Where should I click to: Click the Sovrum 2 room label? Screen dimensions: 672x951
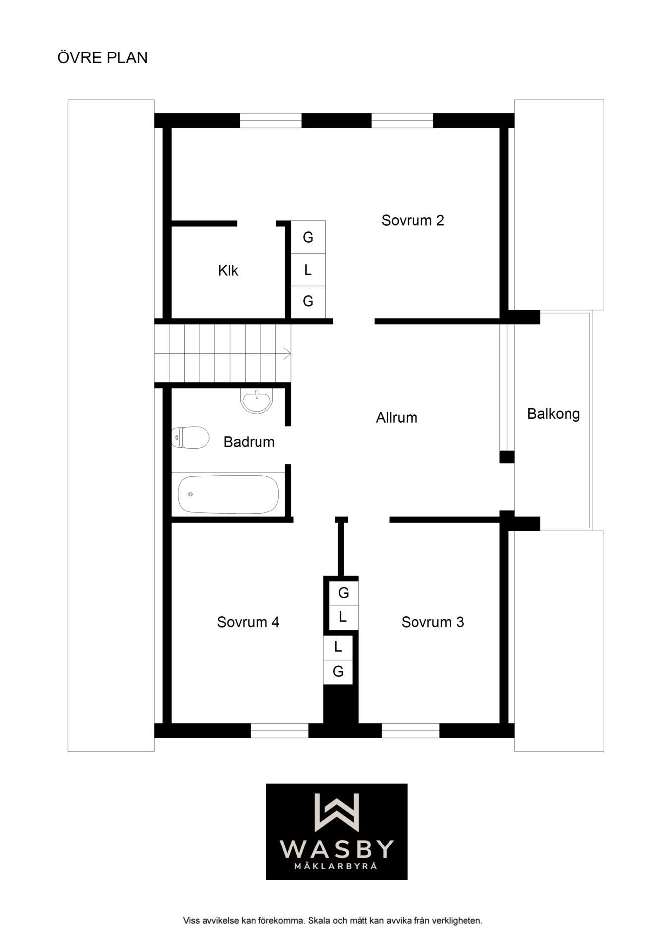[413, 220]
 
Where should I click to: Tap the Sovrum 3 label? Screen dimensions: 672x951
[432, 622]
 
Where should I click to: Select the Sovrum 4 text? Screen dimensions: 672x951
[248, 622]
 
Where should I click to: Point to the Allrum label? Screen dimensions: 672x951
[397, 417]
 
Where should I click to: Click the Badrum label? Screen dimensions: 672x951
[249, 442]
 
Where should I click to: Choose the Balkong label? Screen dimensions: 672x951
[554, 414]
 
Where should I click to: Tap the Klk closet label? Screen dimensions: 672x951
[228, 270]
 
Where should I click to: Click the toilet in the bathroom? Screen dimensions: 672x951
[191, 437]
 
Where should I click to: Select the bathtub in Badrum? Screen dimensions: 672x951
[228, 494]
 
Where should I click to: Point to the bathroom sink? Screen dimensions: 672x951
[256, 400]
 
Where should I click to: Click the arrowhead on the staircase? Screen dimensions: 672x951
[287, 354]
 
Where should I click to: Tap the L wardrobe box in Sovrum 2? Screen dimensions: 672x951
[308, 270]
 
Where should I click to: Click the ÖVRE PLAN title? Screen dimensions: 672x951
[103, 57]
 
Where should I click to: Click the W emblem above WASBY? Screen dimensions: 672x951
[337, 812]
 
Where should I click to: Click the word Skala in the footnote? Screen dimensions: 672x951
[319, 921]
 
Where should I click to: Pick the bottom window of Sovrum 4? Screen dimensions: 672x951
[279, 730]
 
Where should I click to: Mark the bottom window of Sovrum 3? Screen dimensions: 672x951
[411, 730]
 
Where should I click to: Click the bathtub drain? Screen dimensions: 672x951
[190, 494]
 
